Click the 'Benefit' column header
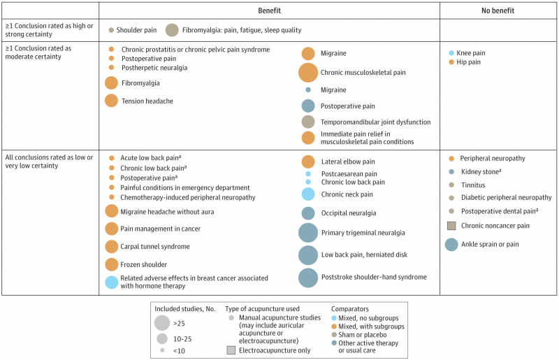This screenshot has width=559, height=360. pos(269,10)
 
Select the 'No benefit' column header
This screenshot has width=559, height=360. pos(499,10)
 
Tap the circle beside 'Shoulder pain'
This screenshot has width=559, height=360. pos(112,30)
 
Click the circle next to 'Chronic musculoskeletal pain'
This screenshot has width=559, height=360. pos(307,72)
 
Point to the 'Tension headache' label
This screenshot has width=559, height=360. pos(147,101)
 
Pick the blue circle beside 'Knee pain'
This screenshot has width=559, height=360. pos(451,53)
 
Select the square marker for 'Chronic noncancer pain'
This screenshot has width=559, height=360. pos(451,225)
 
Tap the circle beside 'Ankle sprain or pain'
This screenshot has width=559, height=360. pos(451,245)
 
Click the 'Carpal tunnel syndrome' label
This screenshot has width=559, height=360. pos(156,246)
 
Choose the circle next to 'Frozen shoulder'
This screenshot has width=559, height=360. pos(111,265)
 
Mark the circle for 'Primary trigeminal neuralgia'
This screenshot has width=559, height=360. pos(307,233)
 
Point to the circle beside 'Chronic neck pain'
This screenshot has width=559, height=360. pos(307,194)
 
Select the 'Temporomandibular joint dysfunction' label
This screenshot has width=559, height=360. pos(376,122)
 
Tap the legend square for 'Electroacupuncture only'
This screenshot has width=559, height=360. pos(231,350)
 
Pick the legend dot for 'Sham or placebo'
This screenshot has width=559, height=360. pos(334,335)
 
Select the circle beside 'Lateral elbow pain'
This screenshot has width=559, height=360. pos(307,161)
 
